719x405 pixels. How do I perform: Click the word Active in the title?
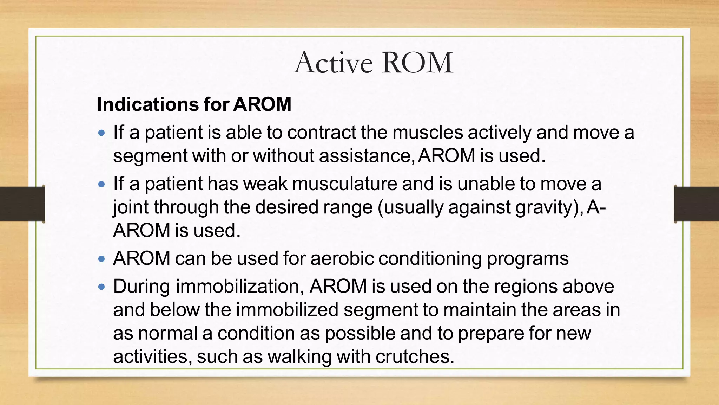(x=333, y=63)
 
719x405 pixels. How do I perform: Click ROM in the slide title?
(x=417, y=63)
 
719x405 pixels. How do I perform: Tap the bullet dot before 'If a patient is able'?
(x=102, y=133)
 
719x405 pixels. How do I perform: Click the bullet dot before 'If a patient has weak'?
(x=102, y=184)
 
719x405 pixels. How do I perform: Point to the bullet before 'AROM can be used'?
(x=102, y=259)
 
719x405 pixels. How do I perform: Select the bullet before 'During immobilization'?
(x=102, y=287)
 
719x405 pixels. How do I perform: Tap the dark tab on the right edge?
(x=697, y=204)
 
